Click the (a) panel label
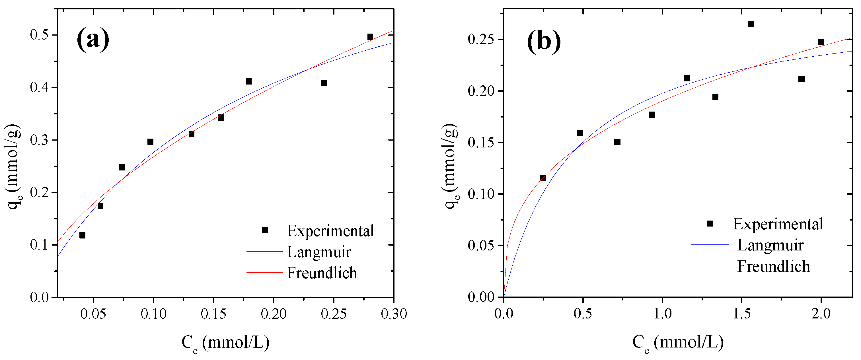coord(93,40)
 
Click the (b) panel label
coord(544,42)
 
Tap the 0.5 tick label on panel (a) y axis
coord(40,35)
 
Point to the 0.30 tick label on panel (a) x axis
coord(394,314)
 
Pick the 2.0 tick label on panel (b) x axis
coord(821,314)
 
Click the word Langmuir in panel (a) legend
coord(319,252)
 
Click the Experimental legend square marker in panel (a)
coord(265,230)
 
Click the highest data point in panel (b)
coord(751,24)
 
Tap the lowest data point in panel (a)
coord(82,235)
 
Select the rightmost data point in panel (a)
coord(370,37)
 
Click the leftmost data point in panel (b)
coord(543,178)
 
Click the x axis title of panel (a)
coord(225,343)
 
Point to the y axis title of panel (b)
coord(451,166)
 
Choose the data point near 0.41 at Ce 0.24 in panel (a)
coord(324,83)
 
